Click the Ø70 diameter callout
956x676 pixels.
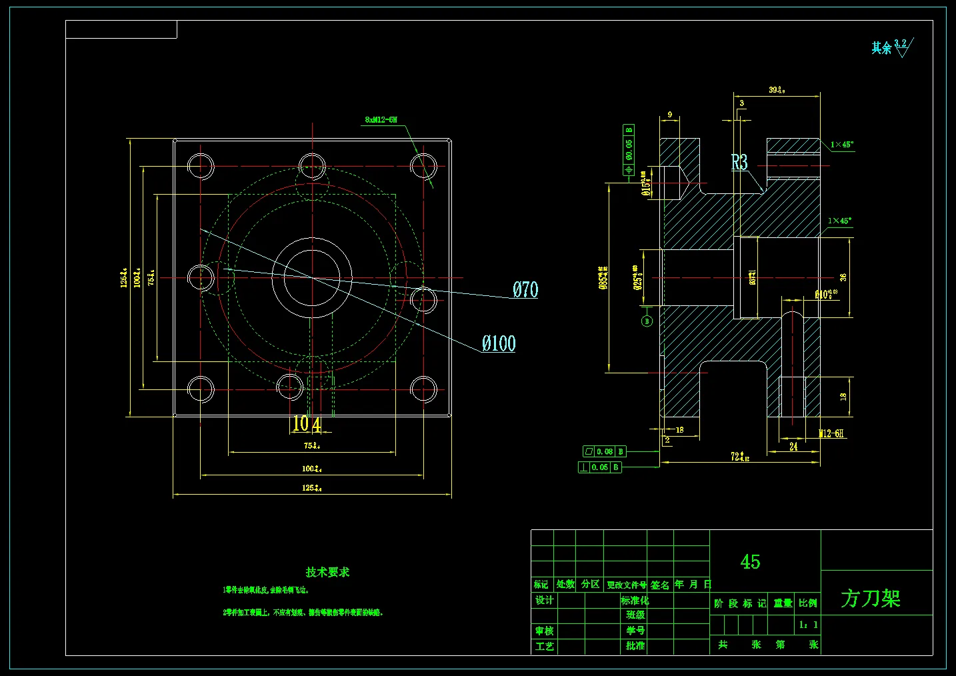click(x=525, y=289)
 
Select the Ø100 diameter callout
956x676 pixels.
click(x=499, y=343)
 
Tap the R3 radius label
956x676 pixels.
click(x=739, y=162)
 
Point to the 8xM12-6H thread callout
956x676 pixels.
click(x=381, y=120)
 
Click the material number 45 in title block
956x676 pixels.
click(x=750, y=562)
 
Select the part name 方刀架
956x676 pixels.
click(x=870, y=598)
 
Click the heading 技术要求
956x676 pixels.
click(x=327, y=572)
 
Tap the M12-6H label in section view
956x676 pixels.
click(x=831, y=433)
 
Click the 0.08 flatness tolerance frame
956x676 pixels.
click(x=605, y=451)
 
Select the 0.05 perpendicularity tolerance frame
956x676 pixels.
click(x=600, y=467)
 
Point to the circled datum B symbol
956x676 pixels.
click(x=646, y=321)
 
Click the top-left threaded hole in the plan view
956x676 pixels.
click(x=201, y=166)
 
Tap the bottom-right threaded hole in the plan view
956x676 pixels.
click(x=423, y=389)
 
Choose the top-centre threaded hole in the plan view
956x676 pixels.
click(x=312, y=166)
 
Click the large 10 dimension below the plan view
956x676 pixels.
click(x=301, y=423)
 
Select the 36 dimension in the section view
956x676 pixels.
click(x=843, y=277)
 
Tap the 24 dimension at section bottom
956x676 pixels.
click(x=793, y=447)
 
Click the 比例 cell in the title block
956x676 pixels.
click(x=808, y=603)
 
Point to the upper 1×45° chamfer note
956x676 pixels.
click(x=841, y=144)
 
